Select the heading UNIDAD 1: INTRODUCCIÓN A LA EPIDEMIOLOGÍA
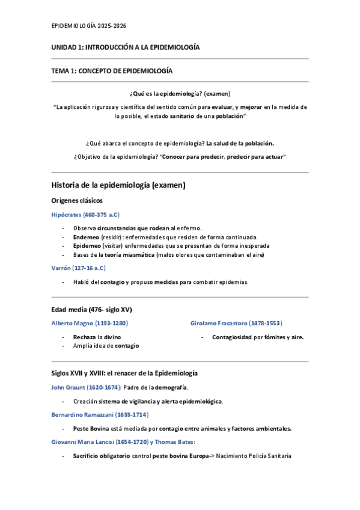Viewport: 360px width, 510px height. coord(126,47)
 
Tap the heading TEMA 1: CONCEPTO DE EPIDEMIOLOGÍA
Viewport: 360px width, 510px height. coord(112,70)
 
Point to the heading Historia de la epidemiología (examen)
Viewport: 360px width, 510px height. coord(119,185)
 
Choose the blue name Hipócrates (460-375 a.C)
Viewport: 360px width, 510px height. coord(86,214)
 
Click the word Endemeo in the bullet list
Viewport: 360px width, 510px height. coord(85,237)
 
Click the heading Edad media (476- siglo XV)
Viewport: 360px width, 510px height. coord(92,310)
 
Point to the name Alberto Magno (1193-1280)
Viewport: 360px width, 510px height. coord(90,323)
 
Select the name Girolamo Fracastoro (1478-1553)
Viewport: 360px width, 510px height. coord(236,323)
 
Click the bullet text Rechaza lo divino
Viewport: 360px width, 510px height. coord(97,337)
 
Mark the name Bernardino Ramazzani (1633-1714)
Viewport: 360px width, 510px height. coord(100,414)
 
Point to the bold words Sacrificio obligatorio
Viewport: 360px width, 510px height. coord(101,456)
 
